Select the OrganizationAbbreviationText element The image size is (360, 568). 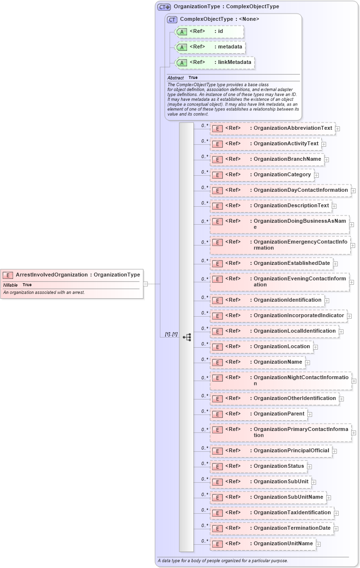[x=293, y=128]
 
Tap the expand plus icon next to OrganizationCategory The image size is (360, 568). [x=316, y=175]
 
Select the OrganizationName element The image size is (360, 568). [x=278, y=362]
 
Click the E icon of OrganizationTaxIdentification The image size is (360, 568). [x=218, y=513]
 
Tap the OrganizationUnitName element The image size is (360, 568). [x=283, y=543]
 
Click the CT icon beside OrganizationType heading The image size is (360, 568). [x=164, y=7]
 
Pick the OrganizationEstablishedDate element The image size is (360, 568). [x=292, y=263]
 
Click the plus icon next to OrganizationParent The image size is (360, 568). [x=310, y=414]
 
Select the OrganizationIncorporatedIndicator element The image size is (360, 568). [x=298, y=315]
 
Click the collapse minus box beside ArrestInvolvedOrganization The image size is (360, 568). [x=145, y=284]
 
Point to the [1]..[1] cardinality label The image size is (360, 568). [x=171, y=334]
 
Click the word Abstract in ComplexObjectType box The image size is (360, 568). [x=175, y=78]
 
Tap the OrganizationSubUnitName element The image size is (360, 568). [x=288, y=497]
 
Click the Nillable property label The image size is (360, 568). [x=10, y=285]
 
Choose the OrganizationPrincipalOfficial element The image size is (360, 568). [x=291, y=450]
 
